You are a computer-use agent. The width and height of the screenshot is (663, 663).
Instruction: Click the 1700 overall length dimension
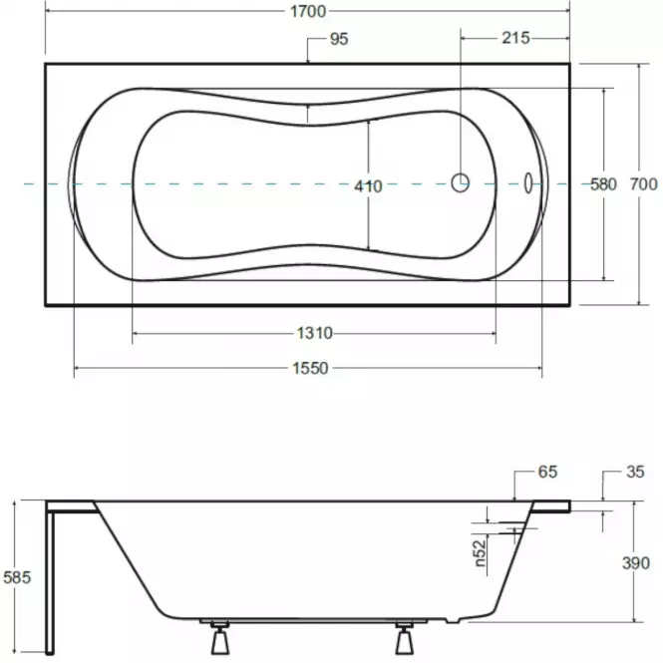(x=308, y=11)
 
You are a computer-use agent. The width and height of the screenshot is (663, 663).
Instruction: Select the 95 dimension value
(x=339, y=39)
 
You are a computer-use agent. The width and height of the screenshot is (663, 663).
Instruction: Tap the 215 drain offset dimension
(x=515, y=38)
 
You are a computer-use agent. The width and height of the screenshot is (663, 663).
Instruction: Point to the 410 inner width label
(x=368, y=186)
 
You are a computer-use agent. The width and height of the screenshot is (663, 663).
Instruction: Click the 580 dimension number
(x=603, y=184)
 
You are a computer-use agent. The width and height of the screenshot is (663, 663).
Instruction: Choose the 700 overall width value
(x=643, y=184)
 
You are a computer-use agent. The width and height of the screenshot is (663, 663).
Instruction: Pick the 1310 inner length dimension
(x=315, y=333)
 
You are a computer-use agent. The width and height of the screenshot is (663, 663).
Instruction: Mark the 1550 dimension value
(x=310, y=368)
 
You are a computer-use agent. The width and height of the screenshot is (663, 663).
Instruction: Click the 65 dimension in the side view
(x=547, y=472)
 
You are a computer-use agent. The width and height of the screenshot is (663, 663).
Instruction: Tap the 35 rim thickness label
(x=635, y=472)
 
